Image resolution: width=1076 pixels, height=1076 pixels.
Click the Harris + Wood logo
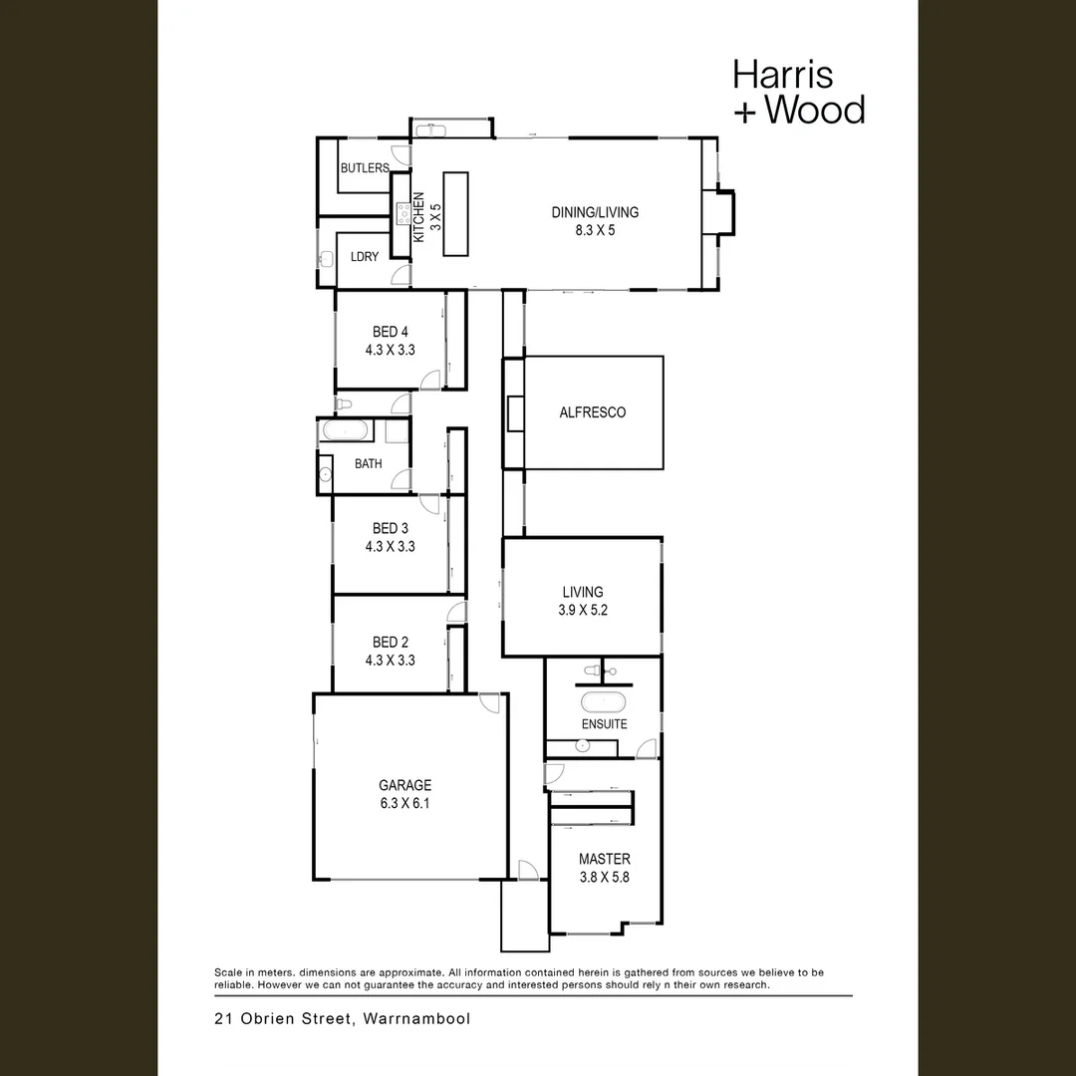[x=798, y=92]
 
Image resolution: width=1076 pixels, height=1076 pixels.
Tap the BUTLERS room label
[x=364, y=168]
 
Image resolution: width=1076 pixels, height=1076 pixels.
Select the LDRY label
[x=365, y=257]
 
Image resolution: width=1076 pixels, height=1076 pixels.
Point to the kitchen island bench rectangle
[x=455, y=214]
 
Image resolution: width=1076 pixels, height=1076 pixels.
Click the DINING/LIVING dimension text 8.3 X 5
[x=595, y=230]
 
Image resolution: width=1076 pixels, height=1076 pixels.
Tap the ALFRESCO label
[x=593, y=412]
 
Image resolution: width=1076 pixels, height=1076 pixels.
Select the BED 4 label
[x=390, y=332]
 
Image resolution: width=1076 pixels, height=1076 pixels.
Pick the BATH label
[x=368, y=463]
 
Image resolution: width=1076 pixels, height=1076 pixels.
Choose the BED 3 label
[x=390, y=528]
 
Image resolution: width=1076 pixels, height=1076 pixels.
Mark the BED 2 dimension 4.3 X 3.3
[x=390, y=661]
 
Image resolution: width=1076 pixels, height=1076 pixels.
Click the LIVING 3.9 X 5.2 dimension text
[x=583, y=610]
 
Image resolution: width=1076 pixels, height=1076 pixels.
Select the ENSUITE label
[x=604, y=724]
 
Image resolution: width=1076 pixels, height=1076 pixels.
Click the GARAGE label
[x=404, y=785]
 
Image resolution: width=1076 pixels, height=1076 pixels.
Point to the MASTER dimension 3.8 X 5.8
[x=604, y=878]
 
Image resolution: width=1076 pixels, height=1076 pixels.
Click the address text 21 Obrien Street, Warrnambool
[x=342, y=1019]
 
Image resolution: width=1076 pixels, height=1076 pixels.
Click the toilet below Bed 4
[x=345, y=403]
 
